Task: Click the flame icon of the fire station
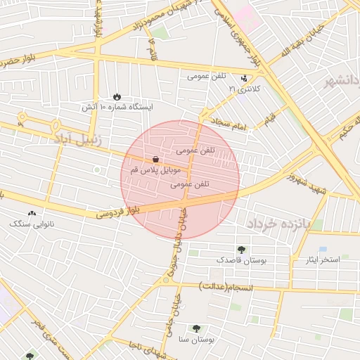(x=117, y=96)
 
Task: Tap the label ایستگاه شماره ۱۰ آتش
(x=117, y=107)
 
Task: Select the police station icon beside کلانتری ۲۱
(x=244, y=79)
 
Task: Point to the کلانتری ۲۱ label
(x=244, y=89)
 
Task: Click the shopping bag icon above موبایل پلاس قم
(x=155, y=160)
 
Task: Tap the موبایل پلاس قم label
(x=155, y=170)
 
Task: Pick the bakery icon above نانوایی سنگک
(x=32, y=213)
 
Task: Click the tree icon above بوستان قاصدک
(x=242, y=250)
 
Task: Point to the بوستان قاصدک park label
(x=242, y=260)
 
